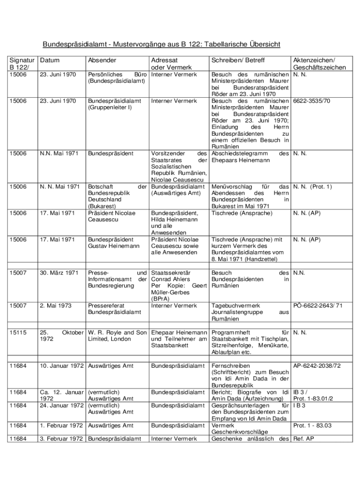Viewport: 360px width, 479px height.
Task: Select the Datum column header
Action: (50, 60)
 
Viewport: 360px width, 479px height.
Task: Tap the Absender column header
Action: (102, 60)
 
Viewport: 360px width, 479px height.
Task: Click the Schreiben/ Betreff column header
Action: (238, 60)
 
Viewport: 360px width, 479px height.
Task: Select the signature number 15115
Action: (19, 332)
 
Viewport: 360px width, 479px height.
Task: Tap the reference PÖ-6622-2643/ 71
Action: (318, 305)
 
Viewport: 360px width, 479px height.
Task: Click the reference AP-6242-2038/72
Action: (317, 365)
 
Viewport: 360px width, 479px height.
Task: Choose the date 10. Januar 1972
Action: (62, 365)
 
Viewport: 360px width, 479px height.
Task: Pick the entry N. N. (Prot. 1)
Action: (312, 186)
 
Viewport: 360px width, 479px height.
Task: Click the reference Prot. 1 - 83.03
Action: (312, 425)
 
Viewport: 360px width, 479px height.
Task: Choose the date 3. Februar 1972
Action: (62, 439)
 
